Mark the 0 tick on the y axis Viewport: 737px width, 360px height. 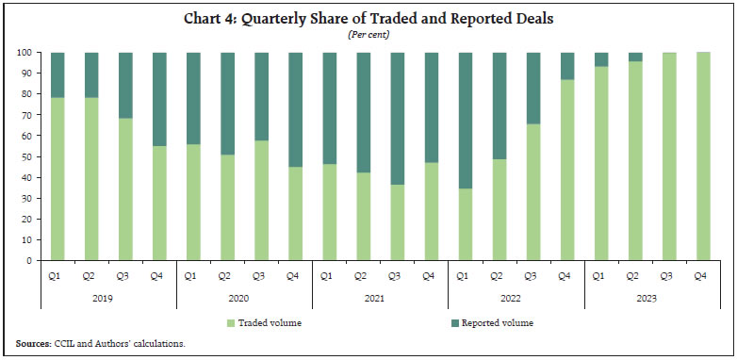[30, 260]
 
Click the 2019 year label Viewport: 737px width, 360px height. [108, 299]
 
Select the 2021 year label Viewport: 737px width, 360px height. [380, 299]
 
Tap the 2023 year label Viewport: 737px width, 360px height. [651, 299]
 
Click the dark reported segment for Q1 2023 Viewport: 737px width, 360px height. [600, 59]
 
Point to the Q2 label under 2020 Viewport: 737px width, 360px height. [226, 275]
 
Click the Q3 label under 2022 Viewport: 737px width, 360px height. [532, 275]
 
